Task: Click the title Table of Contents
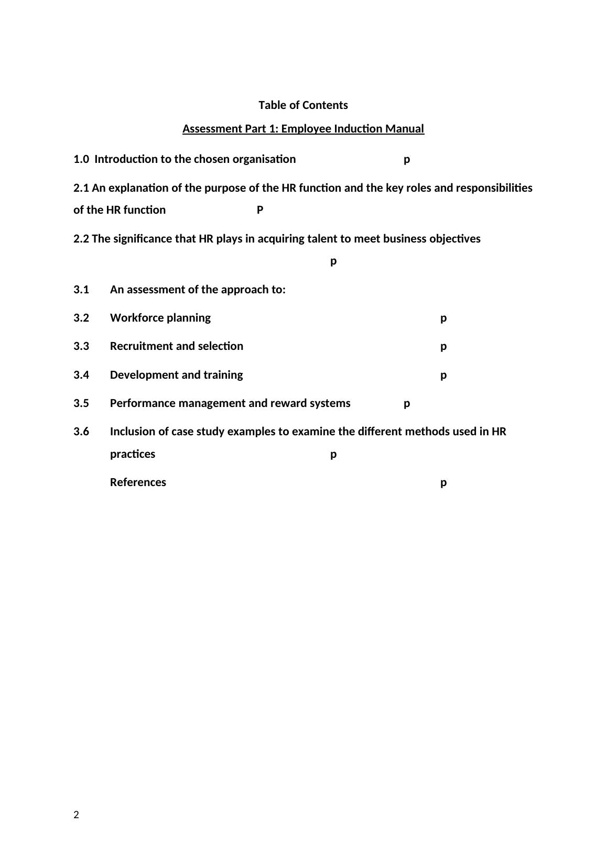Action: tap(303, 105)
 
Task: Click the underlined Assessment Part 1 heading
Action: tap(303, 129)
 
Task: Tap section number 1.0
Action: tap(81, 159)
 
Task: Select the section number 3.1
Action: tap(81, 290)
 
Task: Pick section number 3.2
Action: tap(81, 318)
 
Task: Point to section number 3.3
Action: tap(81, 346)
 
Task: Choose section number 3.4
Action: tap(81, 375)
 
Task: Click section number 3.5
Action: tap(81, 403)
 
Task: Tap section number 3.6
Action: tap(81, 432)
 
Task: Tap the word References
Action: tap(138, 482)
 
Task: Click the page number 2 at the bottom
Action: tap(77, 815)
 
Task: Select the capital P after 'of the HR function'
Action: tap(260, 210)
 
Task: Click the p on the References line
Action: tap(443, 483)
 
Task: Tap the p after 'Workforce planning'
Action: tap(443, 318)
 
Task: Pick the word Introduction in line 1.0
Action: tap(126, 159)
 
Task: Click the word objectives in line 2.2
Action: tap(454, 239)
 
